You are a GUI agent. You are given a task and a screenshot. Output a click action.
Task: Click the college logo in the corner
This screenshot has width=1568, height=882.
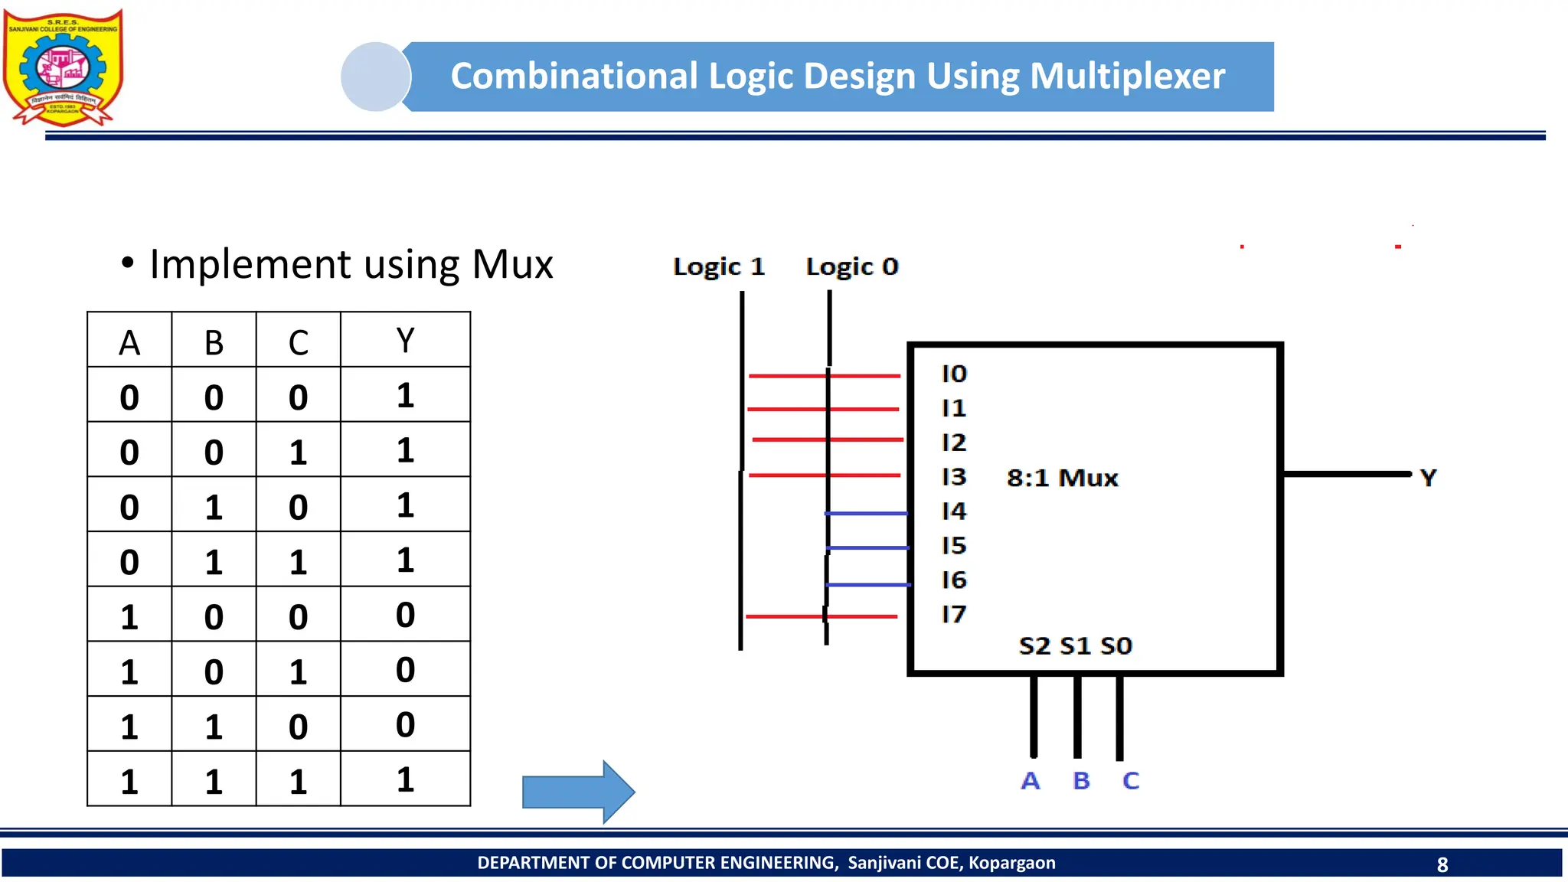click(x=63, y=67)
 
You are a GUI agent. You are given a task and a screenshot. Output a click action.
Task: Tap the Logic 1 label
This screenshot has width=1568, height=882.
click(x=718, y=266)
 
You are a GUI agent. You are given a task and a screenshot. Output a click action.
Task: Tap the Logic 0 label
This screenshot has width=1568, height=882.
click(x=851, y=266)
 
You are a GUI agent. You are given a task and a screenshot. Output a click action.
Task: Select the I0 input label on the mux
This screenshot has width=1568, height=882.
click(x=954, y=374)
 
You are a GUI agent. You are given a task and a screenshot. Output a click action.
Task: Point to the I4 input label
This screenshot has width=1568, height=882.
click(x=954, y=511)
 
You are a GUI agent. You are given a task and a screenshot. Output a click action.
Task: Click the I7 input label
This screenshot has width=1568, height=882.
click(x=954, y=614)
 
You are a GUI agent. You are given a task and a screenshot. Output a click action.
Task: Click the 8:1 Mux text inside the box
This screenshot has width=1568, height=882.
click(x=1062, y=478)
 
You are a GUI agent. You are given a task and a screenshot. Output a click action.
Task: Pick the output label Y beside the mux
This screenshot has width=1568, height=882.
click(x=1428, y=478)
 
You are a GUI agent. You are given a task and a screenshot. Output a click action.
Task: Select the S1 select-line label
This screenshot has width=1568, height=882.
click(x=1075, y=646)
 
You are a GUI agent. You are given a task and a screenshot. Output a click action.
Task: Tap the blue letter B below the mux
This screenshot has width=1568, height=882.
click(x=1081, y=781)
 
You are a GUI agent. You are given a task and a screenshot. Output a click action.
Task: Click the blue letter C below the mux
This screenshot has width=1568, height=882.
click(x=1131, y=781)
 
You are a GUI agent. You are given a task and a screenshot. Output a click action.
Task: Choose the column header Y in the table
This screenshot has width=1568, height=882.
click(x=405, y=340)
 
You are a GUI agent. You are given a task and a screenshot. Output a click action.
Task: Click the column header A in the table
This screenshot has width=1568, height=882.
click(x=129, y=342)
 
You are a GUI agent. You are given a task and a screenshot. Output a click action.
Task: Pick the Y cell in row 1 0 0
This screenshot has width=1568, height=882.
click(x=405, y=615)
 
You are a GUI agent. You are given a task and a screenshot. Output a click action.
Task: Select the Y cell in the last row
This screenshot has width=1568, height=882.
click(x=405, y=779)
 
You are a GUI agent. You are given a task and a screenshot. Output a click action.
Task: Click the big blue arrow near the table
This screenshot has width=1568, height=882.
click(x=578, y=792)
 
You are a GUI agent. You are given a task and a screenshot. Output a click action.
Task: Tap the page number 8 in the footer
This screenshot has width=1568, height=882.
click(x=1442, y=864)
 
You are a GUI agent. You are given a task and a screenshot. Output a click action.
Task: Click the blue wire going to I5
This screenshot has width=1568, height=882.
click(x=867, y=547)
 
